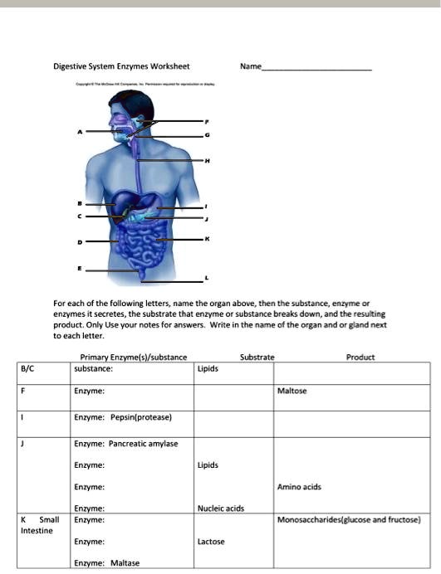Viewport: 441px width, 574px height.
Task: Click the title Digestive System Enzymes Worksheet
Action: coord(122,66)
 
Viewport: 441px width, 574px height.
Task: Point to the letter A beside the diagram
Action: coord(81,132)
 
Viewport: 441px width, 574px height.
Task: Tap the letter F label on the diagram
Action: coord(208,122)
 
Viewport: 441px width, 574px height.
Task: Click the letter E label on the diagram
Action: coord(80,270)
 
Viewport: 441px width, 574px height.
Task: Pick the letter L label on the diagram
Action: coord(208,279)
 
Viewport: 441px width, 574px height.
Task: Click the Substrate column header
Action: coord(257,358)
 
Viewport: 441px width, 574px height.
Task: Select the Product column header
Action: coord(360,358)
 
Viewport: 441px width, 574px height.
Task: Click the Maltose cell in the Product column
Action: coord(292,391)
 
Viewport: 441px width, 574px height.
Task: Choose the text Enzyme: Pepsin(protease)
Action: coord(122,417)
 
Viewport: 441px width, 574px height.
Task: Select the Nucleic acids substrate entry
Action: coord(220,508)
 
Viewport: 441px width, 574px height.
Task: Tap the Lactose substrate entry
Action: coord(211,542)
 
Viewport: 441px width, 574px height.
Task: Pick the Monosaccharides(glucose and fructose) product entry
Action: coord(349,520)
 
